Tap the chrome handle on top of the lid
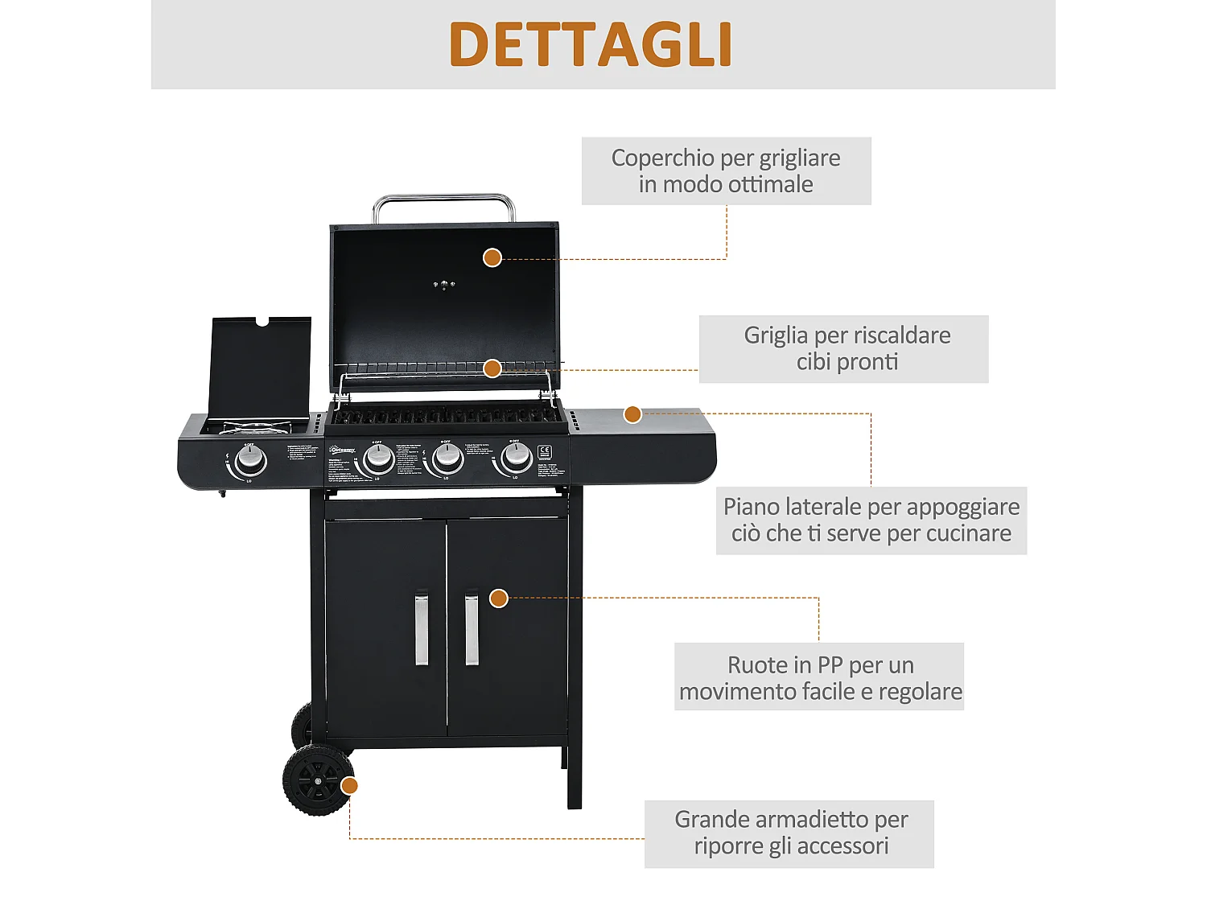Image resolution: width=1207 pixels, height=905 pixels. (443, 198)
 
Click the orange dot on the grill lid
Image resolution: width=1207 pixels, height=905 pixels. (492, 257)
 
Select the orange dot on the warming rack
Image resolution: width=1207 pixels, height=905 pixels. (492, 368)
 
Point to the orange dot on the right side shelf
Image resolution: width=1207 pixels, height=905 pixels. (632, 414)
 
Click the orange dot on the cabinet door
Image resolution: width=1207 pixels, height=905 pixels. (499, 598)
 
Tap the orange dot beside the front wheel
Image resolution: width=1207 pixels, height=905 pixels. (349, 785)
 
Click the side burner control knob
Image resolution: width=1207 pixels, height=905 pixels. (250, 460)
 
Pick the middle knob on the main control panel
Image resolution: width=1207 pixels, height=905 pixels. (447, 459)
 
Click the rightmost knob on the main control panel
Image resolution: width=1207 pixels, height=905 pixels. (515, 458)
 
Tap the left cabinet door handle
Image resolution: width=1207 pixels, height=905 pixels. (422, 629)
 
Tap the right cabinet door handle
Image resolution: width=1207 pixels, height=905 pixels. (472, 629)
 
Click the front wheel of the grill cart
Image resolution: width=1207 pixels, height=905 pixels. (317, 780)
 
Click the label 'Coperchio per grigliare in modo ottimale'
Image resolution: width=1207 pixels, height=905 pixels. (726, 171)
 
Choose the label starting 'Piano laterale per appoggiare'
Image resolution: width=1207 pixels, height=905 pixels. (871, 520)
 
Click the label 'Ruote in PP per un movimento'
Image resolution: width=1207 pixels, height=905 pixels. (819, 677)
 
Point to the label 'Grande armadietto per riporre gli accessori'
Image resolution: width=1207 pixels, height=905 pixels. (789, 833)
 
